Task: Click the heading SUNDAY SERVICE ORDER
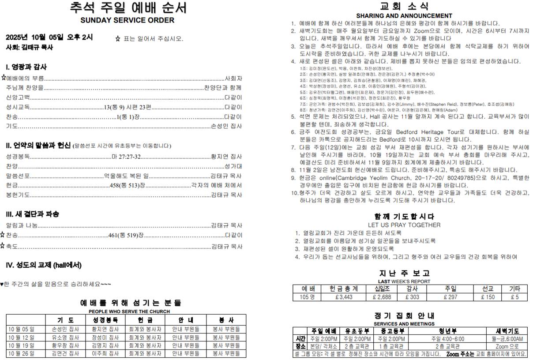127,20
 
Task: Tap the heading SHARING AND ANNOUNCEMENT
404,16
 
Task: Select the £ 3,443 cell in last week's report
344,297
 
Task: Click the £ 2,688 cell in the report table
382,297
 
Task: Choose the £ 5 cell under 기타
515,297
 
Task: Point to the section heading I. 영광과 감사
26,67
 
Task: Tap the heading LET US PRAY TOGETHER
404,225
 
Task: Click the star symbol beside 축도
3,246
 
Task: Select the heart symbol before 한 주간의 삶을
2,285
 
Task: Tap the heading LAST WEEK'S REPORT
404,281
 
